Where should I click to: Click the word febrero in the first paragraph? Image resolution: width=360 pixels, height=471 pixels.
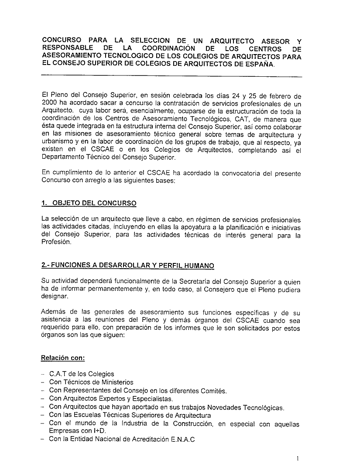click(x=278, y=96)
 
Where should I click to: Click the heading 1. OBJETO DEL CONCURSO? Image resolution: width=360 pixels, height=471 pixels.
click(x=89, y=203)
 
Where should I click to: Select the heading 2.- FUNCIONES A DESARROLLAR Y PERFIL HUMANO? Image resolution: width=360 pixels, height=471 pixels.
click(x=127, y=266)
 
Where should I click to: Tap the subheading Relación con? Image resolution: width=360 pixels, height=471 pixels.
click(x=63, y=358)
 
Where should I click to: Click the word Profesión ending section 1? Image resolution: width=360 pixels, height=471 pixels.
click(x=56, y=242)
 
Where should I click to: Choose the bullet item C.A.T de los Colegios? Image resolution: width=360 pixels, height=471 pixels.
click(x=82, y=374)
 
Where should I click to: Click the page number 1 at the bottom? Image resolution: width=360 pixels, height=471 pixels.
click(x=297, y=458)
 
